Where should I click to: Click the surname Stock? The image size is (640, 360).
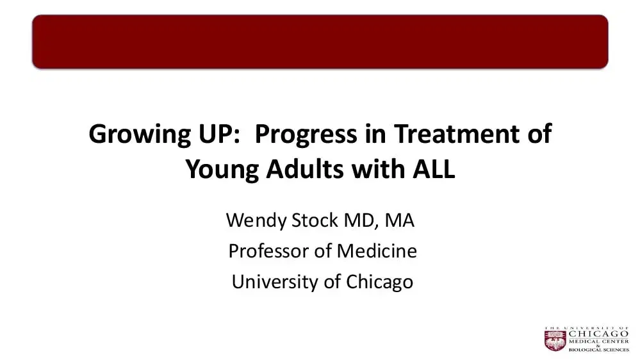(314, 222)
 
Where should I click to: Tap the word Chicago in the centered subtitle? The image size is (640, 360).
(380, 281)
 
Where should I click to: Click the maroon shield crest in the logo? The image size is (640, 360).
(555, 340)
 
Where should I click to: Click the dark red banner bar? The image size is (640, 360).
(320, 42)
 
